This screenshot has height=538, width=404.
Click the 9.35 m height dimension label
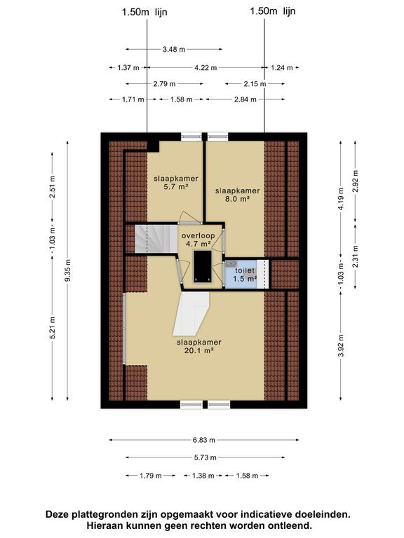tap(67, 270)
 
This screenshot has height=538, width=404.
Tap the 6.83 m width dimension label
tap(204, 440)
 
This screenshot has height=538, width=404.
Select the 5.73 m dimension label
tap(206, 457)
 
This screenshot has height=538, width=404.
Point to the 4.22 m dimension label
tap(206, 68)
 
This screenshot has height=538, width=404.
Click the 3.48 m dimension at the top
tap(174, 50)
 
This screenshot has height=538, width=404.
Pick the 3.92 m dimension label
tap(341, 345)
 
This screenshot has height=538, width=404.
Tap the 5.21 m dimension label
tap(53, 328)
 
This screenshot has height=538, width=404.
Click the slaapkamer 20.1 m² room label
tap(199, 346)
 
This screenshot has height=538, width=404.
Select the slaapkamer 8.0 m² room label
tap(237, 195)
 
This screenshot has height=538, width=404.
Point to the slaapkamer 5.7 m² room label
tap(176, 183)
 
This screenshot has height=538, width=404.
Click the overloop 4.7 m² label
tap(198, 240)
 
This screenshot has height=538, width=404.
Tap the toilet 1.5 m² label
tap(245, 275)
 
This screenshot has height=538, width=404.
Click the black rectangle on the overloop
tap(202, 267)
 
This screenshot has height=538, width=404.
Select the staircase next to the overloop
tap(156, 239)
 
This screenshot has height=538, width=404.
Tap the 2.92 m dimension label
tap(356, 181)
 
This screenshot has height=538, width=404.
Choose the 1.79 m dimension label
tap(151, 476)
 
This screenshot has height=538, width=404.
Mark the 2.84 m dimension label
tap(245, 99)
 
